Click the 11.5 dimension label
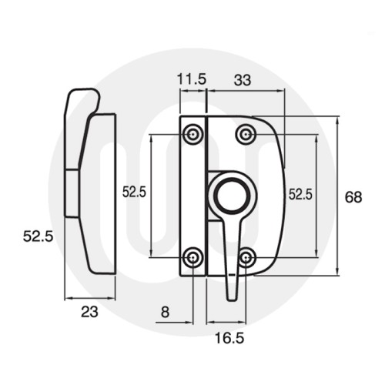pos(192,79)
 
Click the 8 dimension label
pos(166,313)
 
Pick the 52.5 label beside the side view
pos(37,237)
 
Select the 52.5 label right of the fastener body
pos(300,195)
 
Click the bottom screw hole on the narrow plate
pos(193,256)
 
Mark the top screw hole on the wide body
pos(246,135)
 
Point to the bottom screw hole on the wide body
pos(246,256)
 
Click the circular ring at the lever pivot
pos(227,196)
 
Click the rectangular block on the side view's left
pos(69,192)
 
